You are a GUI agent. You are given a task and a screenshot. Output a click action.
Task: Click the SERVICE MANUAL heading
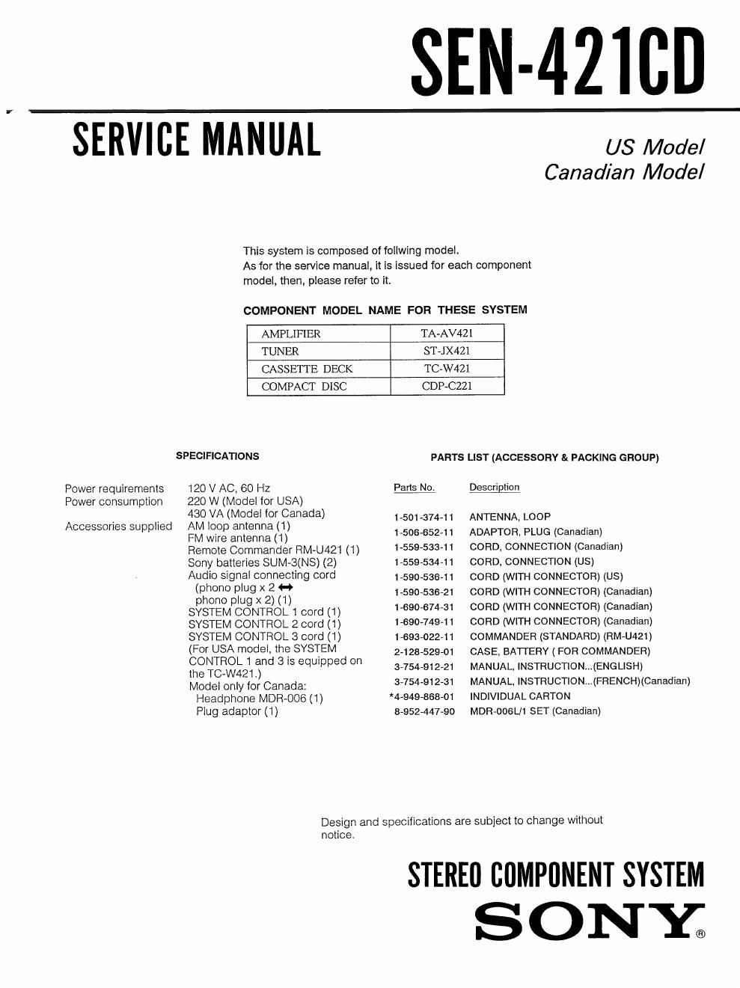196,140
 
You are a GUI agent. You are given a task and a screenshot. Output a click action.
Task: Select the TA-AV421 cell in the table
447,334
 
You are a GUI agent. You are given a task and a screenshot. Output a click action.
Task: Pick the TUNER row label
280,352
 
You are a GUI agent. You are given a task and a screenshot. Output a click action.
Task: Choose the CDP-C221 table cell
447,387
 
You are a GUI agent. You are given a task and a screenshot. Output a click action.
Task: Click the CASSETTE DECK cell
307,369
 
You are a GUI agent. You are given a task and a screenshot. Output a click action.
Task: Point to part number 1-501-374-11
423,518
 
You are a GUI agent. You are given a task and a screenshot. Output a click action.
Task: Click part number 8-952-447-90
423,712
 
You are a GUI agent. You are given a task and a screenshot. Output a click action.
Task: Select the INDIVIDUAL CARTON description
519,696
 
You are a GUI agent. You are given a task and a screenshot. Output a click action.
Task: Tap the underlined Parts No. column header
414,488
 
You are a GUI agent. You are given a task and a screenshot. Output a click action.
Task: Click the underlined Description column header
494,488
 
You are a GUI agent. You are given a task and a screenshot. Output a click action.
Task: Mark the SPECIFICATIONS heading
217,456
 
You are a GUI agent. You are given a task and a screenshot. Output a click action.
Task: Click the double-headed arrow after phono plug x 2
285,588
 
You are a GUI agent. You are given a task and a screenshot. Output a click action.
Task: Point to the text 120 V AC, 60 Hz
229,488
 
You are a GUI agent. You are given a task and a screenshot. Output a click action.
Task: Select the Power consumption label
114,502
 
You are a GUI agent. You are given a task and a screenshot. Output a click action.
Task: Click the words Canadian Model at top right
623,173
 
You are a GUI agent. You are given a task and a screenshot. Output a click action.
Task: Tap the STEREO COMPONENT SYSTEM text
556,875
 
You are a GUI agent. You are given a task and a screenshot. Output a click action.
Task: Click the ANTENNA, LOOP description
510,517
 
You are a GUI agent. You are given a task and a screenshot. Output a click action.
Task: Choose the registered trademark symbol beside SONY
700,934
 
